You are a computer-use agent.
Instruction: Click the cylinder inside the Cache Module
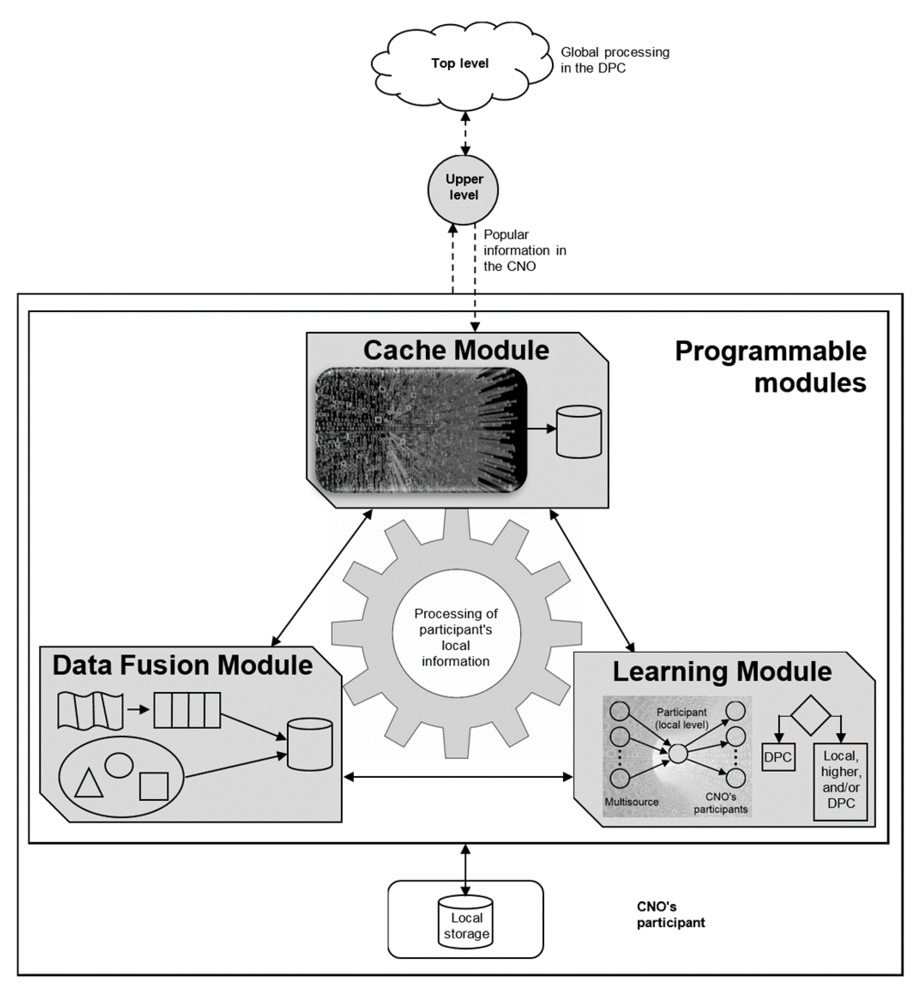[x=578, y=431]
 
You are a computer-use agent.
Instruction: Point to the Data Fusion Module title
[x=182, y=666]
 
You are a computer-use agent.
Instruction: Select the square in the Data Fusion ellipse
[x=154, y=786]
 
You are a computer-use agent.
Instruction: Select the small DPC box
[x=778, y=757]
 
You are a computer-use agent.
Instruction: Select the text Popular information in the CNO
[x=524, y=251]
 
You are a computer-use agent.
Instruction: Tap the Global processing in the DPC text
[x=615, y=60]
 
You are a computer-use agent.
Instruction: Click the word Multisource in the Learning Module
[x=631, y=802]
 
